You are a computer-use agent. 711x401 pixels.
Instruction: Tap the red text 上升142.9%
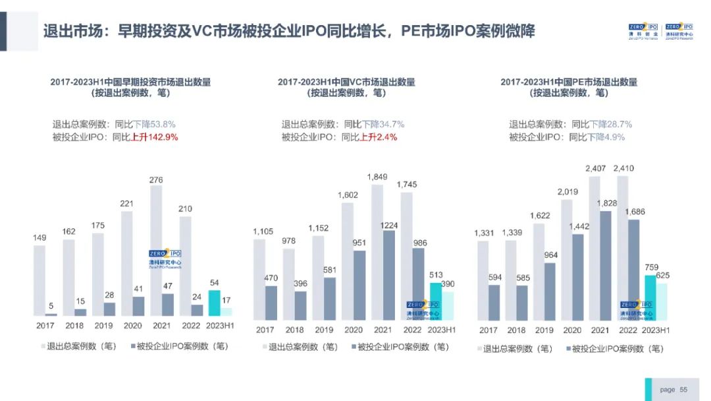tap(155, 137)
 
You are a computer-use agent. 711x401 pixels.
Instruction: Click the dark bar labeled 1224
tap(388, 274)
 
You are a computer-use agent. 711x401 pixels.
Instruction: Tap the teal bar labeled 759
tap(650, 295)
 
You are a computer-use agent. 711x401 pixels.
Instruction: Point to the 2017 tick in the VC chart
tap(265, 330)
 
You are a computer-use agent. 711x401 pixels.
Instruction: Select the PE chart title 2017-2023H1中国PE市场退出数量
tap(569, 82)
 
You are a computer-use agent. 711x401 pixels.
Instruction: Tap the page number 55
tap(683, 390)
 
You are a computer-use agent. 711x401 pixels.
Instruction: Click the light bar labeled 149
tap(39, 280)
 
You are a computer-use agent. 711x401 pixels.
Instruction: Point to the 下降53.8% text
tap(155, 124)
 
